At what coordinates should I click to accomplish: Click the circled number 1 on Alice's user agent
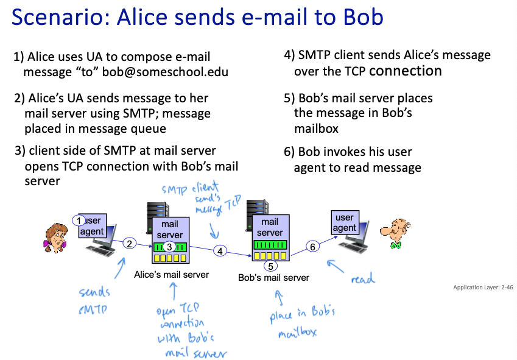(78, 220)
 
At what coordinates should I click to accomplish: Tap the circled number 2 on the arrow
(129, 244)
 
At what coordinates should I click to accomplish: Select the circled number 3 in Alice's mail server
(170, 247)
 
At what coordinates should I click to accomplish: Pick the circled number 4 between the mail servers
(221, 250)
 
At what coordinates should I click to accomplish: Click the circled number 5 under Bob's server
(271, 265)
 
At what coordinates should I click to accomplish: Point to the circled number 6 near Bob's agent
(312, 246)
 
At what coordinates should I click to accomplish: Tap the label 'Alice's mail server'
(171, 275)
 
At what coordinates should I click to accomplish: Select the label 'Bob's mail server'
(273, 278)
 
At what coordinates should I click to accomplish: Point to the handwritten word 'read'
(363, 280)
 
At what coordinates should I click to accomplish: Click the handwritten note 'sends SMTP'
(94, 300)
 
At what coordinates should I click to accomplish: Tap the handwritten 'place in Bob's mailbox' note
(303, 322)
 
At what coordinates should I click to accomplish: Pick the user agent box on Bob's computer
(345, 222)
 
